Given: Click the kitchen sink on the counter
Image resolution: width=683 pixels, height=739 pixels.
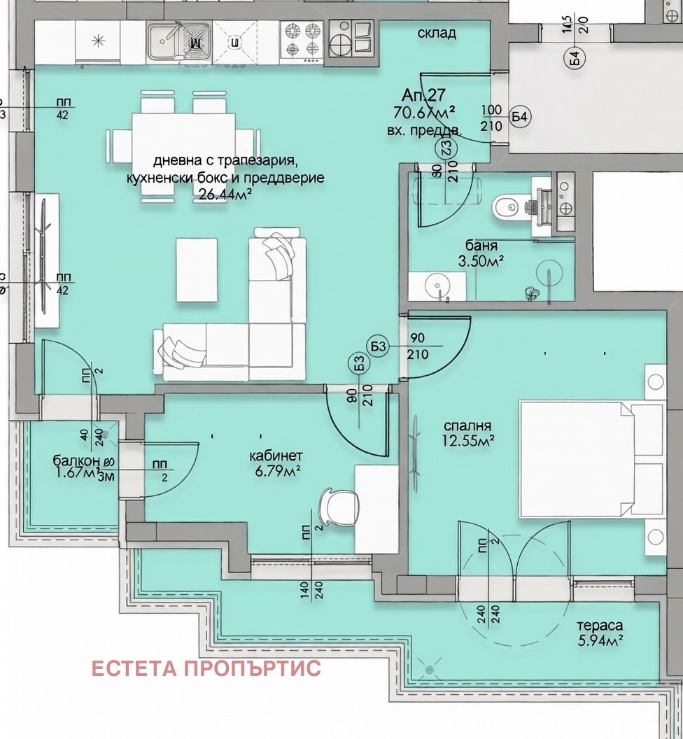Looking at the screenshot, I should [x=178, y=41].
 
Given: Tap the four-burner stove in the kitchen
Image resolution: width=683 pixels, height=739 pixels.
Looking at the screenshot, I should [x=301, y=41].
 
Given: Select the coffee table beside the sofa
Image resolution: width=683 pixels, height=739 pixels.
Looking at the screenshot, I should [x=196, y=269].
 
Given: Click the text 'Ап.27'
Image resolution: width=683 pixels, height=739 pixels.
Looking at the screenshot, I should [x=423, y=95].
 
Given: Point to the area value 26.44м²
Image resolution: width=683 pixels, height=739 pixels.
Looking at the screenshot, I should [x=225, y=194].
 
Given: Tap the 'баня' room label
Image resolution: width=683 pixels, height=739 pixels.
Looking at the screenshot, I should [x=481, y=246].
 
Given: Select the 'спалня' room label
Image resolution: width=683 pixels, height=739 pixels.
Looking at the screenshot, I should [x=467, y=425].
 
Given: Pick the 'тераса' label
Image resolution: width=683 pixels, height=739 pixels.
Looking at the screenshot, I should [x=600, y=625].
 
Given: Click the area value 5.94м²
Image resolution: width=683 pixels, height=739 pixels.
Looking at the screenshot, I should [x=600, y=639].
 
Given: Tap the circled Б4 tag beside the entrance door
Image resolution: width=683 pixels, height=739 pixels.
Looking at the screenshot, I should [x=519, y=117].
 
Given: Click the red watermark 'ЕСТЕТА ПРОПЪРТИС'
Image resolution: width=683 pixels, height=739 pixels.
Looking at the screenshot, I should [x=206, y=668].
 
